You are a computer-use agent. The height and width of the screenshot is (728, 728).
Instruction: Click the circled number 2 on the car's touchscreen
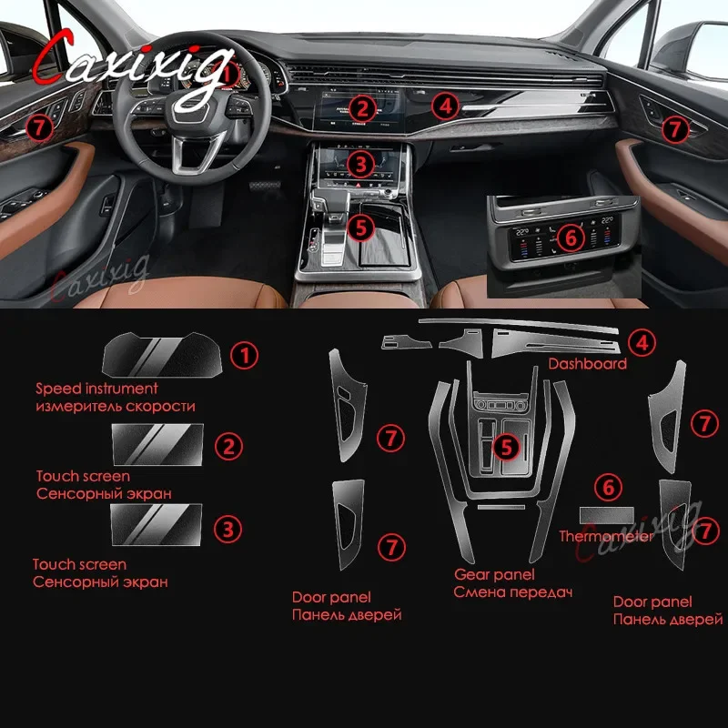pos(362,108)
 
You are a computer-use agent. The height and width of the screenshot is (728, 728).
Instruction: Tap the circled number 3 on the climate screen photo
pos(361,165)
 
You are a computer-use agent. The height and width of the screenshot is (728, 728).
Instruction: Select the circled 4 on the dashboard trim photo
pos(445,106)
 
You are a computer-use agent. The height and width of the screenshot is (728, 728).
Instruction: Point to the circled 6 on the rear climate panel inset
pos(571,238)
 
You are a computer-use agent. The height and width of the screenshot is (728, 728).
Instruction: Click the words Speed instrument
pos(96,389)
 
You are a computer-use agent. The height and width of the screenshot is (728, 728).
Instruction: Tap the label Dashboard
pos(587,363)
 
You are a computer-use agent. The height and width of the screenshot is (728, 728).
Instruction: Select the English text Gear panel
pos(494,575)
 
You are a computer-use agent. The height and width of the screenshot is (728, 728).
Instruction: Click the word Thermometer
pos(606,536)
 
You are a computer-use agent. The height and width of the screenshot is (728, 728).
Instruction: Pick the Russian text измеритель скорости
pos(116,406)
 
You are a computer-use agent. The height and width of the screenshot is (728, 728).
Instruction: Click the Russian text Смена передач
pos(512,592)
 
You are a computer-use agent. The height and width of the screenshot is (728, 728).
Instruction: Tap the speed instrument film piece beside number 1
pos(162,355)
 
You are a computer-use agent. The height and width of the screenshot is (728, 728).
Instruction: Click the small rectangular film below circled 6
pos(607,514)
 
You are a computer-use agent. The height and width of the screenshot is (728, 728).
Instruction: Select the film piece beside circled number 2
pos(157,444)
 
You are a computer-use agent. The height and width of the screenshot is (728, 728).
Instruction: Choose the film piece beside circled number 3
pos(157,525)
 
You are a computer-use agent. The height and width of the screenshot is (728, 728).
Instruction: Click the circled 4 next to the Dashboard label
pos(642,343)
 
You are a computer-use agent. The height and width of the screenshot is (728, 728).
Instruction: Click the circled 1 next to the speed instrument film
pos(244,356)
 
